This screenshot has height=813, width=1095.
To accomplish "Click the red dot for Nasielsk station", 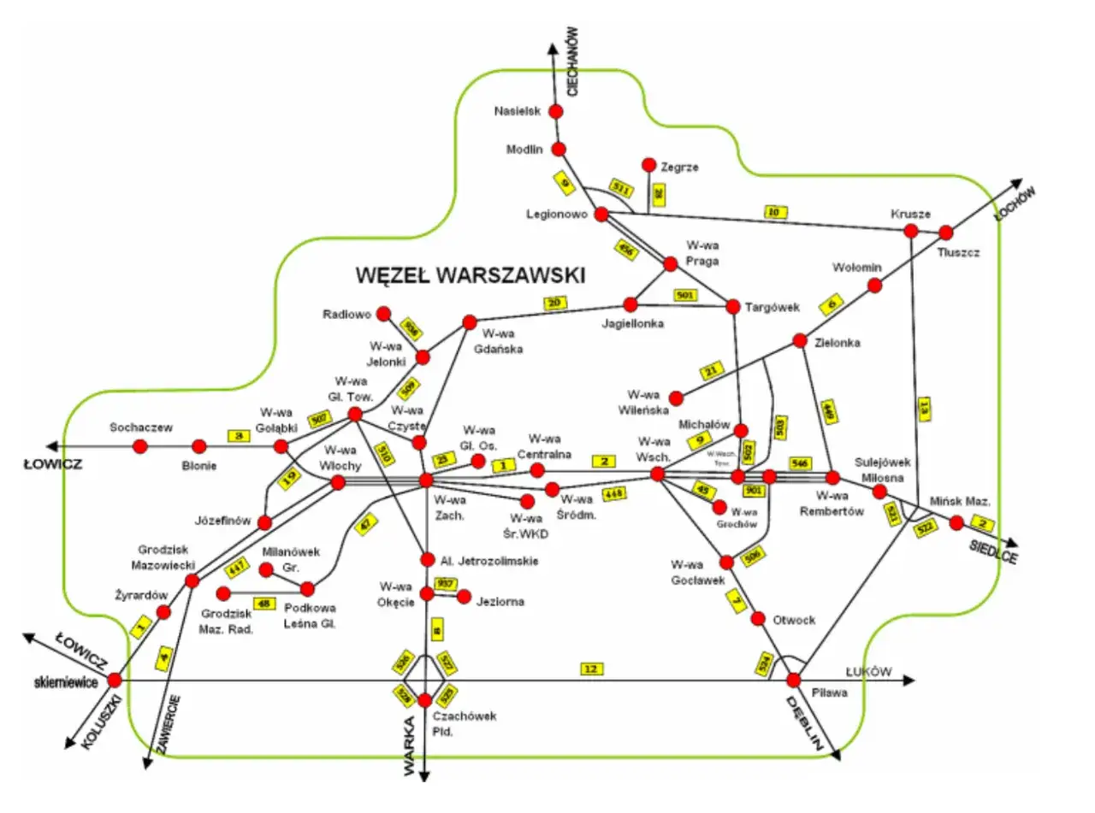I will (x=555, y=111).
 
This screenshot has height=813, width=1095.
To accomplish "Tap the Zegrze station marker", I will (x=648, y=164).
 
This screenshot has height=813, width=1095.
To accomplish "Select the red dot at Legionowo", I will (x=601, y=214).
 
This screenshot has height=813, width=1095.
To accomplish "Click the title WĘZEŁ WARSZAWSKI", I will (x=470, y=275).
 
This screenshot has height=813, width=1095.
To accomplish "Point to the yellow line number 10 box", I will (x=776, y=212).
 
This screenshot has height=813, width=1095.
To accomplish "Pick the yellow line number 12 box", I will (x=590, y=669).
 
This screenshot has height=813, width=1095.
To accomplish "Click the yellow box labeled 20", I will (x=554, y=302).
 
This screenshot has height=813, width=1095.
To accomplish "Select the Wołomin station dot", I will (x=874, y=286).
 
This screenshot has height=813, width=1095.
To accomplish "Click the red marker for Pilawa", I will (x=794, y=680).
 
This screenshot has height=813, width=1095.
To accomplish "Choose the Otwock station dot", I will (x=758, y=618).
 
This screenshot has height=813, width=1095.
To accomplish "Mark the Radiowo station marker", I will (x=383, y=314).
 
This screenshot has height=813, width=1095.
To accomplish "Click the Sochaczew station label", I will (x=141, y=427).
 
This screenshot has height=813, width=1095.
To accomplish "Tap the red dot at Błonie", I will (x=199, y=445).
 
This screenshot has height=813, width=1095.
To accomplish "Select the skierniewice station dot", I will (x=115, y=680).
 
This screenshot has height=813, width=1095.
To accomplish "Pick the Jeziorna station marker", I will (x=465, y=596).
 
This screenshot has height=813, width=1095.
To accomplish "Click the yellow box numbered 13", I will (x=922, y=409).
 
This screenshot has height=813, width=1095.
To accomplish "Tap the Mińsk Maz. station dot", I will (x=956, y=522).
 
